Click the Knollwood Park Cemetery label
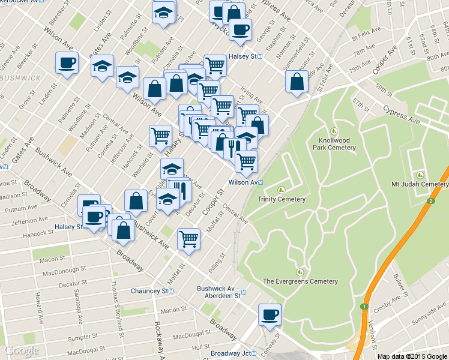pyautogui.click(x=334, y=143)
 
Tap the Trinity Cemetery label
pyautogui.click(x=282, y=199)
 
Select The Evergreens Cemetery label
pyautogui.click(x=300, y=281)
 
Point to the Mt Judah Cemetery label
pyautogui.click(x=420, y=184)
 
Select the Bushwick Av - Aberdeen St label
pyautogui.click(x=218, y=292)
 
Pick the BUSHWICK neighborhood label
pyautogui.click(x=20, y=78)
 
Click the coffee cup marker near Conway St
pyautogui.click(x=270, y=314)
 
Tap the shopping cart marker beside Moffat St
pyautogui.click(x=189, y=239)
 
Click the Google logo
pyautogui.click(x=21, y=350)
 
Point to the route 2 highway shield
pyautogui.click(x=430, y=200)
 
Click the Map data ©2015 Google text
pyautogui.click(x=412, y=356)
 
